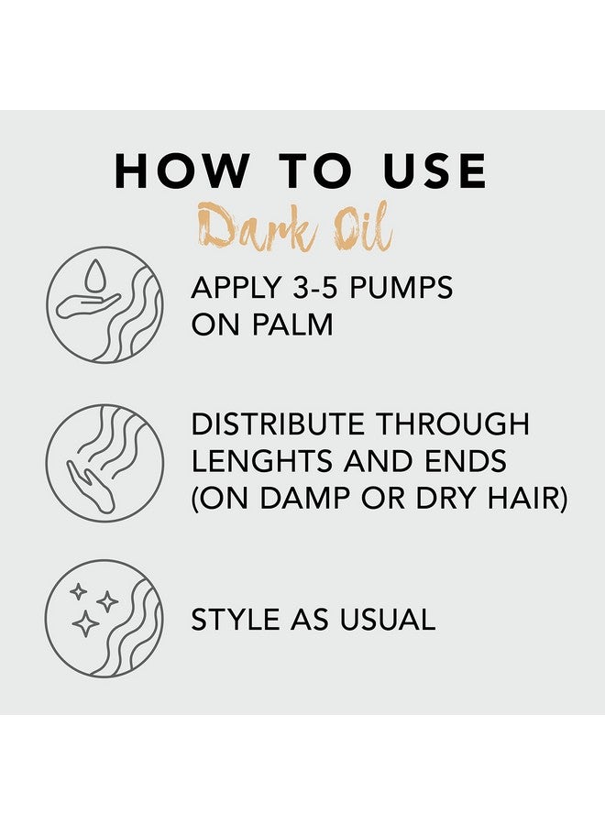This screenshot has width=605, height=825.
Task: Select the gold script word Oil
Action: click(360, 226)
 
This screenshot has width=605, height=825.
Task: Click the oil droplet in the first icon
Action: click(94, 275)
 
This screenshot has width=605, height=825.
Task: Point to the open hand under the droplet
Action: click(88, 305)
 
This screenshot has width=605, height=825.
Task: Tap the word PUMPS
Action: click(401, 288)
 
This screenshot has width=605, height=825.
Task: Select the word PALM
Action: click(292, 324)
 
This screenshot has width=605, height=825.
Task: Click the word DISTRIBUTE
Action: click(278, 424)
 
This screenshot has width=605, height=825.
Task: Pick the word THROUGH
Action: click(453, 424)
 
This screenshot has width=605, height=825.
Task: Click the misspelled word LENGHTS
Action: click(262, 461)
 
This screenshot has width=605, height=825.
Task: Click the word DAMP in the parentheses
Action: click(305, 498)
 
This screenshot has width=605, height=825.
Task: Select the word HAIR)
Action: click(527, 498)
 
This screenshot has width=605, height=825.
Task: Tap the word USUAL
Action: click(388, 620)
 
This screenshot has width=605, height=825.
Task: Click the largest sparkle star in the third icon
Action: click(85, 623)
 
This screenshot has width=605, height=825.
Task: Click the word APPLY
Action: click(236, 288)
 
